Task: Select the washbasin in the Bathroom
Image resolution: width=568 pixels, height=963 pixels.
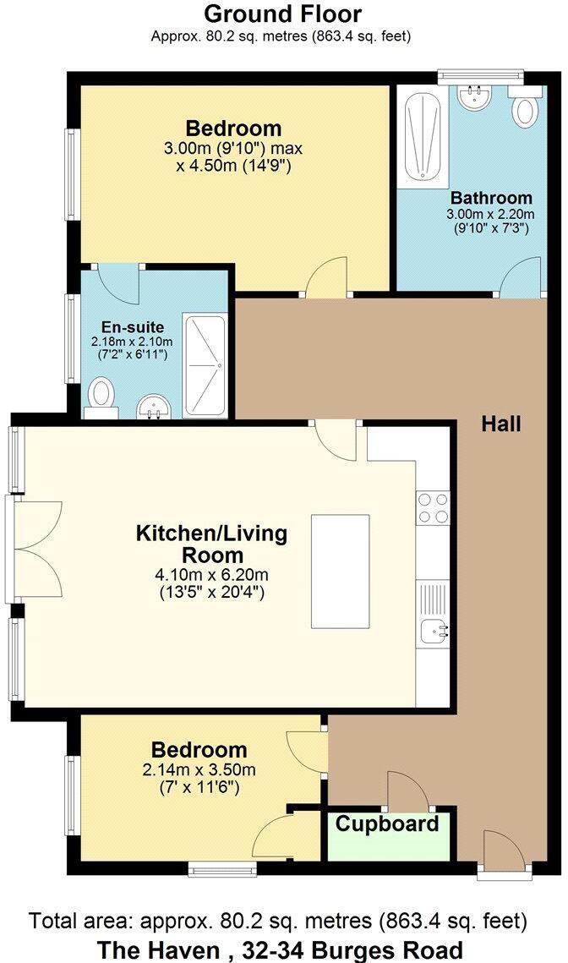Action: tap(475, 98)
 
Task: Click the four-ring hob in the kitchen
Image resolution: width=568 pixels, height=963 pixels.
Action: tap(433, 507)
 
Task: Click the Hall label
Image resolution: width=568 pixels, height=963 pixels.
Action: tap(501, 424)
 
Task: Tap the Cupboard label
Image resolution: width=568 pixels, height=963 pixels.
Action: tap(388, 823)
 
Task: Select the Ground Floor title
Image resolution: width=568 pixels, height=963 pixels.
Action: tap(283, 14)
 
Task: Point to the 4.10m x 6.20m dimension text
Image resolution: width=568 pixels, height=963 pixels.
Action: tap(212, 575)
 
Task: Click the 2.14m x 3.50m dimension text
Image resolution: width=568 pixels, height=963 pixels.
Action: tap(199, 769)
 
